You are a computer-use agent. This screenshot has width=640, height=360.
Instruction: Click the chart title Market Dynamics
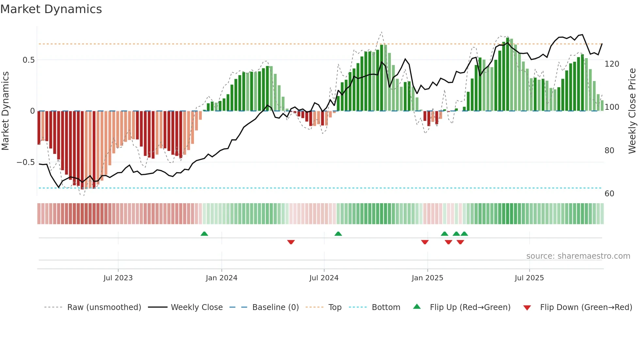point(51,9)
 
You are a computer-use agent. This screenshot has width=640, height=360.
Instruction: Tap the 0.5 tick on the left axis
point(28,60)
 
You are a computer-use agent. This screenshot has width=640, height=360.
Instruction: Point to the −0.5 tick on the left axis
point(25,162)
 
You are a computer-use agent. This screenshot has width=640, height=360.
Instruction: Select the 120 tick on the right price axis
point(612,64)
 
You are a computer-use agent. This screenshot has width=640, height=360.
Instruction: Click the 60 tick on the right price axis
point(609,194)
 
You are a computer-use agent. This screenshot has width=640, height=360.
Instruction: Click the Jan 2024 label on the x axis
point(221,278)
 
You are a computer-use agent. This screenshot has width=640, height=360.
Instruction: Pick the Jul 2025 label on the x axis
point(529,278)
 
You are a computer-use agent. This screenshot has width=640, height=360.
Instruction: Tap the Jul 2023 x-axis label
point(118,278)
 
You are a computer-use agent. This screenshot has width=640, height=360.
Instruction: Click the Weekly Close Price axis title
point(632,111)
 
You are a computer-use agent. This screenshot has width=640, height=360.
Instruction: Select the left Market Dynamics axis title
point(5,111)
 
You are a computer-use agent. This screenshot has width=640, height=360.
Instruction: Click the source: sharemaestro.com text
point(578,256)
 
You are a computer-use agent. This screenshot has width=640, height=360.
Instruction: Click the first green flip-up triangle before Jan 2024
point(204,234)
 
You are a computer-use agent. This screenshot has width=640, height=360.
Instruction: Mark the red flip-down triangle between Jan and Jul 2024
point(291,242)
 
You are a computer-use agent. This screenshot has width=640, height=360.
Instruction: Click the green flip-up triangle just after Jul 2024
point(338,234)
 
